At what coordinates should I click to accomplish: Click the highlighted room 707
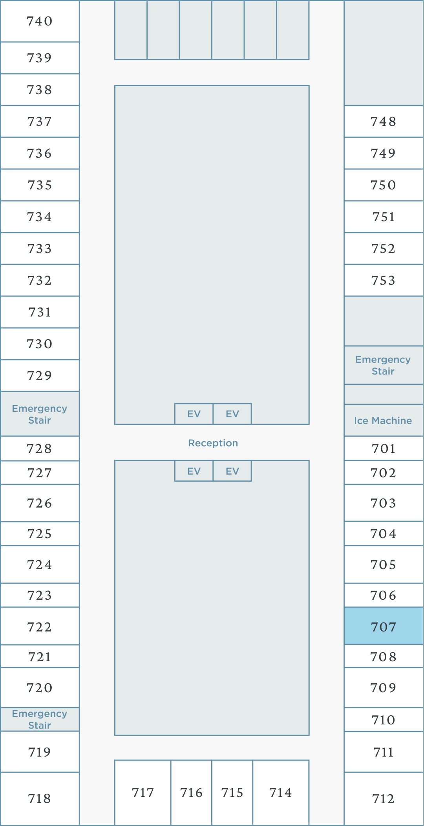pos(384,626)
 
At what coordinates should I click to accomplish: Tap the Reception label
pos(213,443)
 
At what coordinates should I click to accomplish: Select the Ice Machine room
pos(383,420)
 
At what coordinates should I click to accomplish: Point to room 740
pos(40,21)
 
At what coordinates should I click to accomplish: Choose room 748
pos(384,122)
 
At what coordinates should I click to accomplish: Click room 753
pos(384,280)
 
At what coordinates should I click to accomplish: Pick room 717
pos(143,793)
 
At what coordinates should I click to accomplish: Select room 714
pos(281,793)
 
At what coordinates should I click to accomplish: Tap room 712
pos(384,799)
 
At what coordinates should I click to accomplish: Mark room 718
pos(40,799)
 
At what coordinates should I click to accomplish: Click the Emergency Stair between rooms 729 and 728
pos(40,414)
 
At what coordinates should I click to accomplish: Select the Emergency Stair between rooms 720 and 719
pos(40,719)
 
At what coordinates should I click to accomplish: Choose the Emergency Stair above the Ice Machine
pos(383,365)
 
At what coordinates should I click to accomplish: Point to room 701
pos(384,448)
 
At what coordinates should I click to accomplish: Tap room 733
pos(40,249)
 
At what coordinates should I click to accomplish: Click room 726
pos(40,503)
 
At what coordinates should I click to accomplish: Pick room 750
pos(384,185)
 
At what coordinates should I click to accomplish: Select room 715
pos(232,793)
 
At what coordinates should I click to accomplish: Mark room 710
pos(384,720)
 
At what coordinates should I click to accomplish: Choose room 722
pos(40,627)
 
